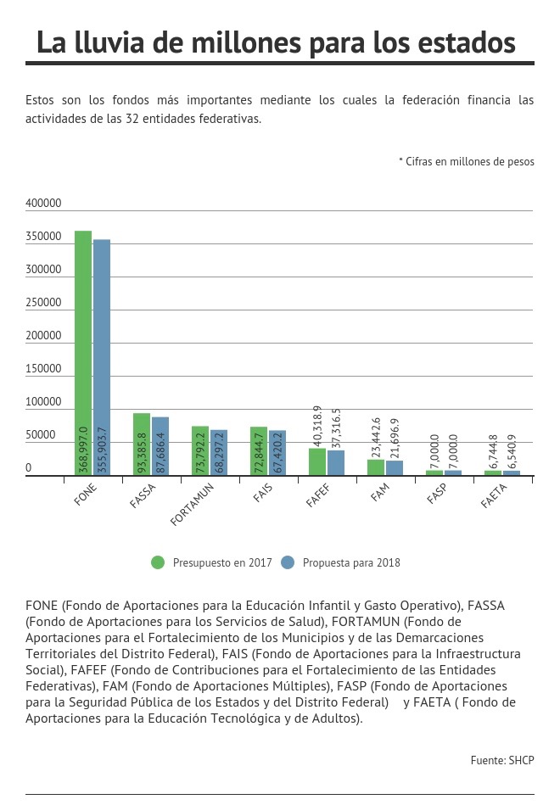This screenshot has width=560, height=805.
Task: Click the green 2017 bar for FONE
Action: tap(83, 353)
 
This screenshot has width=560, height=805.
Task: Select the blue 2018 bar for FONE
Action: tap(102, 357)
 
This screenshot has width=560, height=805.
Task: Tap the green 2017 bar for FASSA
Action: tap(142, 444)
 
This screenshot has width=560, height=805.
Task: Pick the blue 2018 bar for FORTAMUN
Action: tap(219, 453)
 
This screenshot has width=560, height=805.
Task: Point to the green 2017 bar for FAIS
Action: tap(259, 451)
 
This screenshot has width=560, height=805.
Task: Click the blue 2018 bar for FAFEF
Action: tap(336, 463)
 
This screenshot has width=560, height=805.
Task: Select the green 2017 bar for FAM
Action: tap(376, 467)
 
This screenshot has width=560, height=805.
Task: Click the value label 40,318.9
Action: tap(317, 426)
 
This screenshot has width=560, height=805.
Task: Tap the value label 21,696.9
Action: tap(395, 438)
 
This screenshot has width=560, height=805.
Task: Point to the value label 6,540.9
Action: tap(512, 452)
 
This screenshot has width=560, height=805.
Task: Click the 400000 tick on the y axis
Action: tap(43, 204)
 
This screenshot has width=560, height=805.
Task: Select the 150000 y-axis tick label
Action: tap(43, 369)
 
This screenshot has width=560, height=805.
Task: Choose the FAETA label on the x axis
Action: tap(494, 496)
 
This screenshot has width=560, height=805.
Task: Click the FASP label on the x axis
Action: tap(437, 494)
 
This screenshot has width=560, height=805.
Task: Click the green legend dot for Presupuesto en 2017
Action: tap(158, 562)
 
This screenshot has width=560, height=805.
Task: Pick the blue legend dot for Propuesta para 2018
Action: tap(288, 562)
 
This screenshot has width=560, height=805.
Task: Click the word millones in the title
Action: tap(246, 42)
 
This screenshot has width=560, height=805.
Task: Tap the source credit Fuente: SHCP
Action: tap(502, 760)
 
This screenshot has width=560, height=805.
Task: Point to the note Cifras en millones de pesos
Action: tap(467, 162)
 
